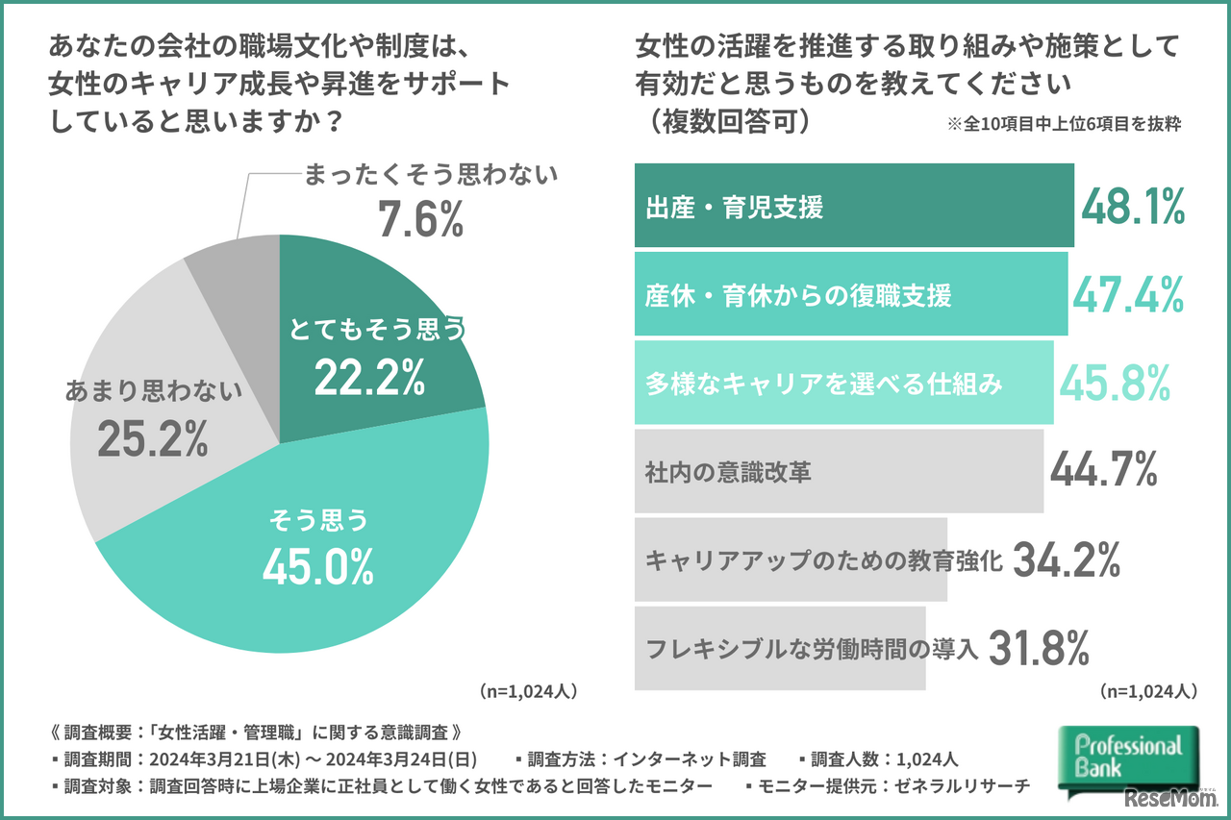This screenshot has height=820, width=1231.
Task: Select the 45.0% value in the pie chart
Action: pyautogui.click(x=317, y=567)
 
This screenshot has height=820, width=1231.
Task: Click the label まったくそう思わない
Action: pyautogui.click(x=431, y=175)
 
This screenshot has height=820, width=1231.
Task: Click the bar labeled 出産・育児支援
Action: pyautogui.click(x=853, y=206)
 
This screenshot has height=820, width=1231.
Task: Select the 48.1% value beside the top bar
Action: pyautogui.click(x=1133, y=206)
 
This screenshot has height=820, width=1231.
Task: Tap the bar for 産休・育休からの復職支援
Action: pyautogui.click(x=850, y=294)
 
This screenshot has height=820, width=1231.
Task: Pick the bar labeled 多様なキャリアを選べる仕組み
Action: pyautogui.click(x=843, y=383)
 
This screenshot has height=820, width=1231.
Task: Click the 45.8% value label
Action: pyautogui.click(x=1115, y=383)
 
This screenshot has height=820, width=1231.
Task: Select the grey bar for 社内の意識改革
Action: pyautogui.click(x=839, y=471)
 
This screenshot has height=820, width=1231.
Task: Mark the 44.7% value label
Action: pyautogui.click(x=1103, y=471)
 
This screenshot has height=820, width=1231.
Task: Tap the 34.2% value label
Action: pyautogui.click(x=1068, y=559)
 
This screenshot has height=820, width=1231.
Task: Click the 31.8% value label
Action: pyautogui.click(x=1039, y=648)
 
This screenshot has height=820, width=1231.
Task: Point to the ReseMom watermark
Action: pyautogui.click(x=1165, y=800)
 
